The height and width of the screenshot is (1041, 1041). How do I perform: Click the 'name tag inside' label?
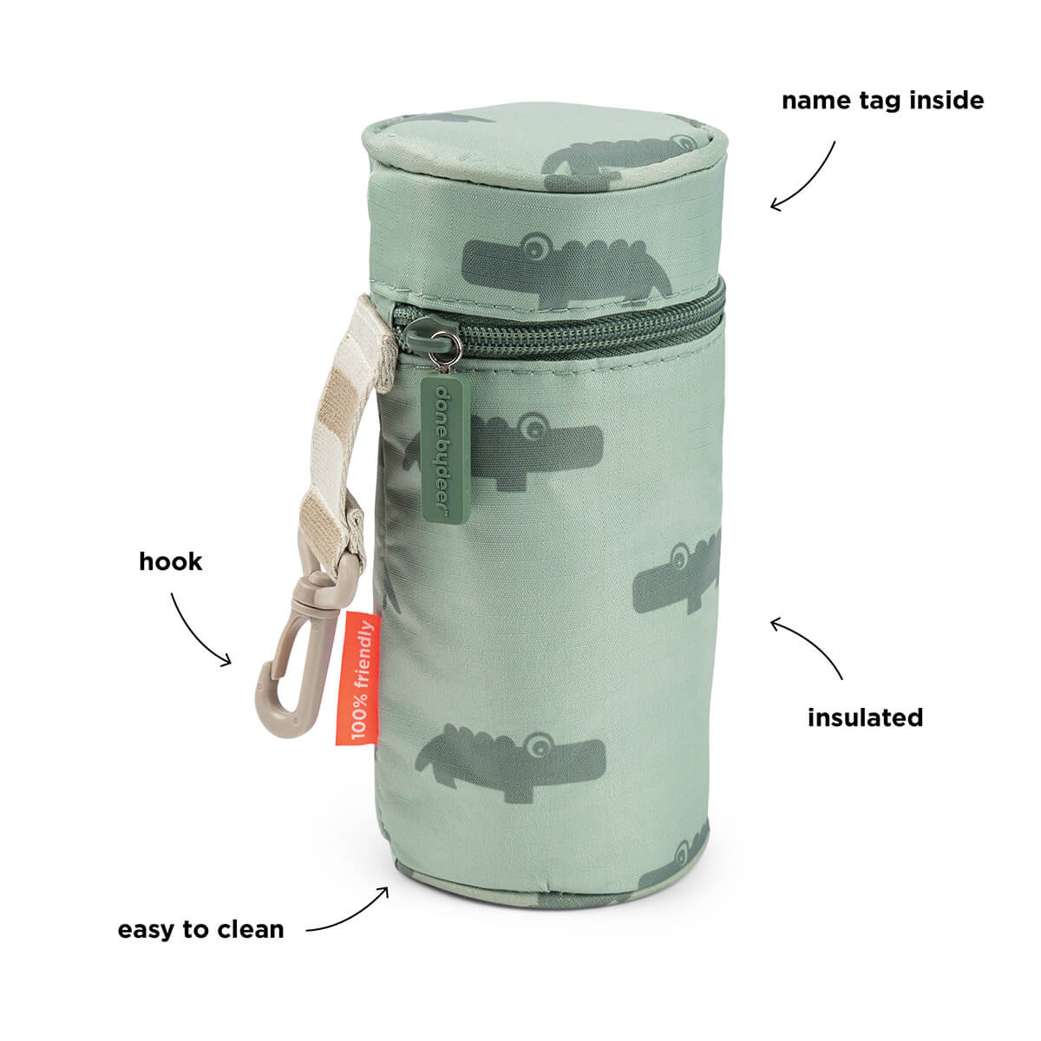click(882, 101)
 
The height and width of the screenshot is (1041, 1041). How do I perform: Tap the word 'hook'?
click(170, 562)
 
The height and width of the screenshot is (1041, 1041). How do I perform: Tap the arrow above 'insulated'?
click(811, 641)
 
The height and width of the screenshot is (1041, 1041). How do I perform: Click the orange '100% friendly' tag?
click(357, 679)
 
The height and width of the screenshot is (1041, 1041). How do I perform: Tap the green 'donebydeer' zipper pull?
click(445, 449)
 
